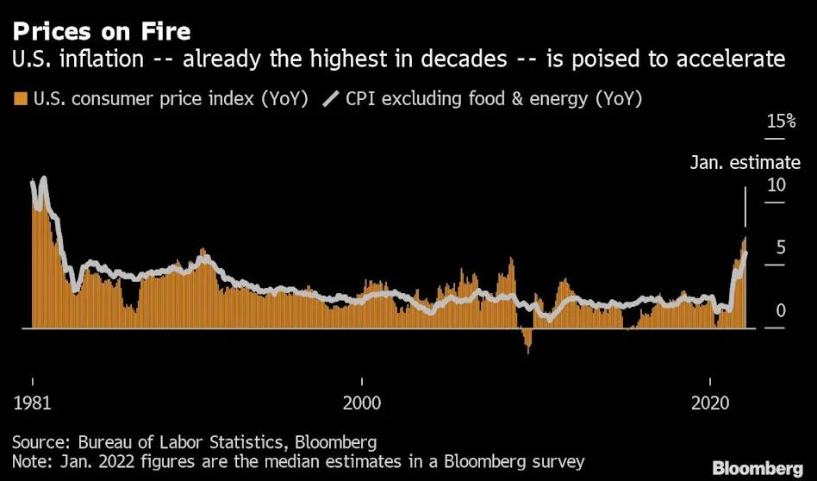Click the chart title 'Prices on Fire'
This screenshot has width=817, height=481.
pos(101,31)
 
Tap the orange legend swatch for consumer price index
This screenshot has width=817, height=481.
pos(20,98)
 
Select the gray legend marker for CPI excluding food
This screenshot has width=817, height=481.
pos(331,98)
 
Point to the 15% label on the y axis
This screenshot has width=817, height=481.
pos(781,122)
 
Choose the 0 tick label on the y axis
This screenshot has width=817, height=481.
pos(779,310)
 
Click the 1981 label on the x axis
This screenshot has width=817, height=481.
pos(32,402)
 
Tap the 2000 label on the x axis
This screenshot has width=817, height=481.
pos(362,402)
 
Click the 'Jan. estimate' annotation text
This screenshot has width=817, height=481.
pos(745,162)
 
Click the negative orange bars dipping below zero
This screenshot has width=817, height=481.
pos(527,340)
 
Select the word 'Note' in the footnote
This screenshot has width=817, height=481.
pos(30,461)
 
